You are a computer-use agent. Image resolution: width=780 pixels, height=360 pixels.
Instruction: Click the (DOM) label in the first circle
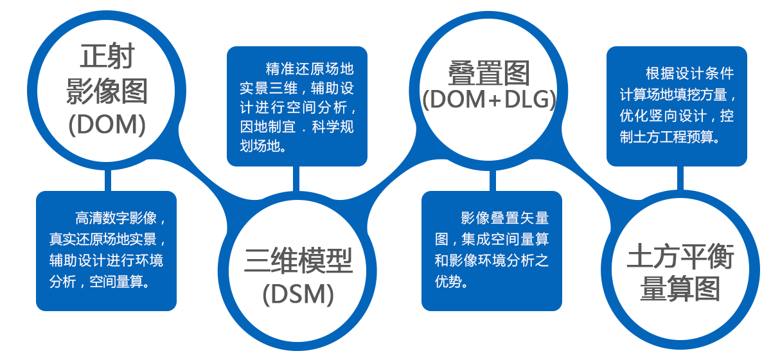pos(107,125)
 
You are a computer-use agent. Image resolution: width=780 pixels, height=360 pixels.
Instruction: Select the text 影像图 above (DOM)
pos(107,91)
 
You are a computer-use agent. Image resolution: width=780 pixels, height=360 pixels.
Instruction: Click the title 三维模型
pos(298,262)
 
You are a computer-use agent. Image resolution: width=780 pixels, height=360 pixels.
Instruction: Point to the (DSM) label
pos(298,294)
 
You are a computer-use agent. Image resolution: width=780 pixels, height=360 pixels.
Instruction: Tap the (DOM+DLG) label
pos(490,101)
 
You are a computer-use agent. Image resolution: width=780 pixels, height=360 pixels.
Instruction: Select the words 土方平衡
pos(680,258)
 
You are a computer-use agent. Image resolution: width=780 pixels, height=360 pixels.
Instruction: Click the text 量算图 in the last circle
pos(680,290)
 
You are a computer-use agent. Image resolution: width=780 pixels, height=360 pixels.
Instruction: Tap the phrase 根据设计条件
pos(689,73)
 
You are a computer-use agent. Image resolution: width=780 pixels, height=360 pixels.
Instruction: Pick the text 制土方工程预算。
pos(669,137)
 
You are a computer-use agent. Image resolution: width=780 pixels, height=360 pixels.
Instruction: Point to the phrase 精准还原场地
pos(310,68)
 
